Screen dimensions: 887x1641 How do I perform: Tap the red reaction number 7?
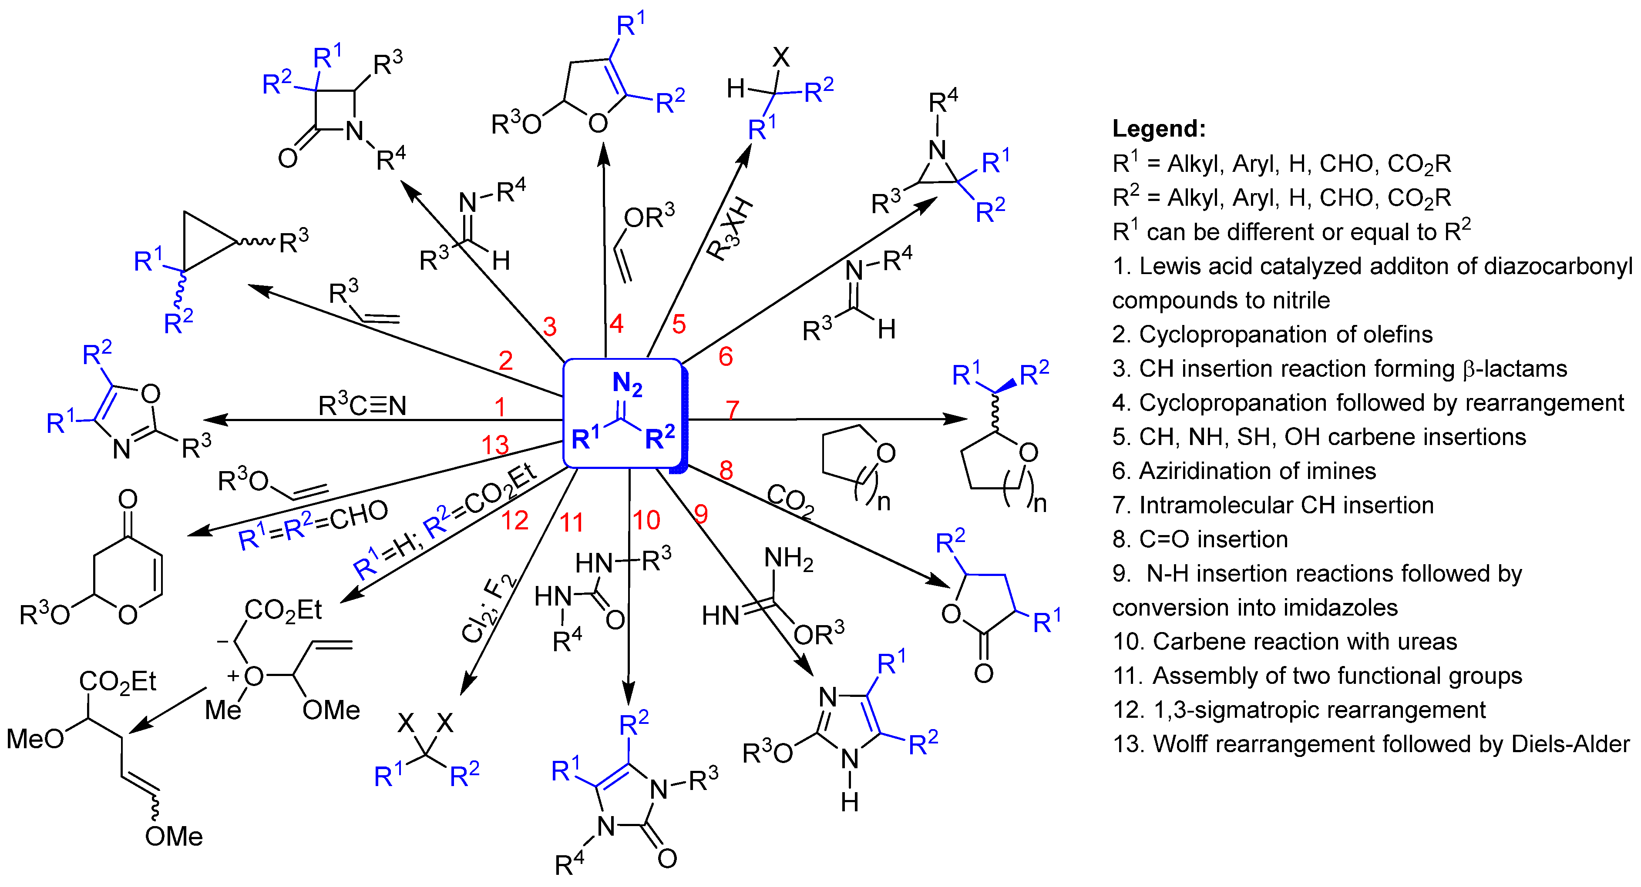click(732, 410)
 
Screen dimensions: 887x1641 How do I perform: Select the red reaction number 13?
click(495, 445)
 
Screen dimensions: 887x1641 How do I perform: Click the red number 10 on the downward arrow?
click(646, 520)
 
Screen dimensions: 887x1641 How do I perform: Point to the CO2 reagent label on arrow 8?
click(790, 501)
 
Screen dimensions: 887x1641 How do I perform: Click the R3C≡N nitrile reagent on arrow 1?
click(362, 405)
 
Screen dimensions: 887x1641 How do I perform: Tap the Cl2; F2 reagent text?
click(488, 608)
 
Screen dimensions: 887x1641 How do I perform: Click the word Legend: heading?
click(1159, 129)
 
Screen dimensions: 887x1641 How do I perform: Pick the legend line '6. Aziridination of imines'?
click(1244, 471)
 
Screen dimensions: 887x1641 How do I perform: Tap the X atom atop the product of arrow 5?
click(781, 57)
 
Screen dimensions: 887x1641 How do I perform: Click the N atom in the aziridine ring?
click(936, 150)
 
